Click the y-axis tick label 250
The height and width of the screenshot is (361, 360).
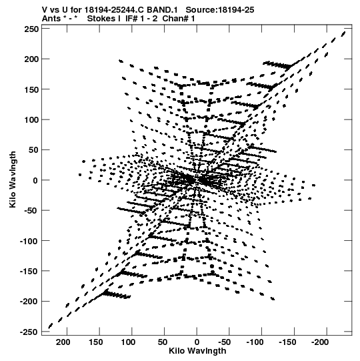(31, 29)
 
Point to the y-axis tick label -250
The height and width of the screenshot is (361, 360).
(29, 332)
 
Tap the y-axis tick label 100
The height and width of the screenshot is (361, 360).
(31, 120)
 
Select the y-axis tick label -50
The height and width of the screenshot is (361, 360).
(31, 211)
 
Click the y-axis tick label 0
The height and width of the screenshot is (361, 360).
(35, 180)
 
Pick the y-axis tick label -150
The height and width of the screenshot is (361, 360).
(29, 272)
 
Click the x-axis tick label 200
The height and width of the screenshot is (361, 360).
(63, 342)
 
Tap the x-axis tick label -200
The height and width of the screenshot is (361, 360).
(320, 342)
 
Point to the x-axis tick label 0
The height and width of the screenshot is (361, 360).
(197, 342)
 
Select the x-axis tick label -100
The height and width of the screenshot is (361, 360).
(255, 342)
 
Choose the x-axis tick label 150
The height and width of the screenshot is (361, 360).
(96, 342)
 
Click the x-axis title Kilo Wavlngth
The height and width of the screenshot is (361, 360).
(197, 351)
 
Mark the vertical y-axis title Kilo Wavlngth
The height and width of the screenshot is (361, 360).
(13, 179)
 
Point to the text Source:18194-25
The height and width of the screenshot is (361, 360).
(220, 10)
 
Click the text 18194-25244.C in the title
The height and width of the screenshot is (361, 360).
(113, 10)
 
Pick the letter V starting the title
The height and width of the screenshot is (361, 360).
(45, 10)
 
